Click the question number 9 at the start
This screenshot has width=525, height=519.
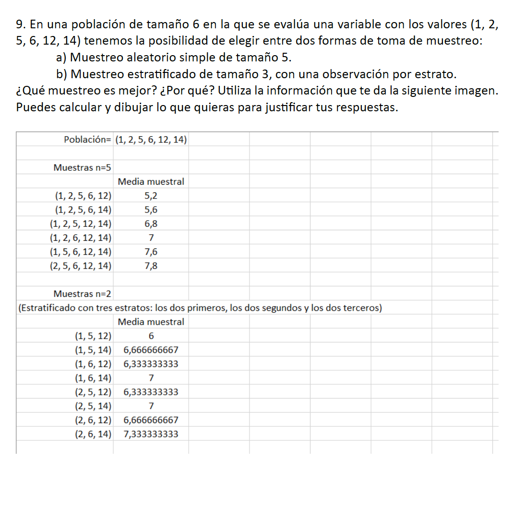point(19,25)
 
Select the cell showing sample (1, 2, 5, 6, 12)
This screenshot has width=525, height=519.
point(83,196)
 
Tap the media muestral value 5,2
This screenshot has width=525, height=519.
point(151,196)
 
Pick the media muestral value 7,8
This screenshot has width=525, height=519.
point(151,266)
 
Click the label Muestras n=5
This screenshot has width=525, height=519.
point(82,168)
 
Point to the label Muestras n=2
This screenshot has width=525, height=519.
point(82,293)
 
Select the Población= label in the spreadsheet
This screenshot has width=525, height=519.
point(87,140)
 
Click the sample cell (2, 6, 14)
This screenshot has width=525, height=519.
point(93,435)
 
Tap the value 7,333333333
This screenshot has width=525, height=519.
point(151,435)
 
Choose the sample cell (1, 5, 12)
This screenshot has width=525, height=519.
point(93,336)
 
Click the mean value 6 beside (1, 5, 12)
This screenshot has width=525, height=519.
point(151,336)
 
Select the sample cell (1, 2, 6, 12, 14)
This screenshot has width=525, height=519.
point(81,238)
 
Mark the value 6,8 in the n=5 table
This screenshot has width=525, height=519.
point(151,224)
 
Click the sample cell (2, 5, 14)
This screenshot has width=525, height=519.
point(93,406)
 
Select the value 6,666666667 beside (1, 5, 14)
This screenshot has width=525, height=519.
point(151,350)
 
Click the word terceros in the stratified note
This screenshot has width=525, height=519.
point(362,307)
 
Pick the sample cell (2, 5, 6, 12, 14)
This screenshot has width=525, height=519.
point(81,266)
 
